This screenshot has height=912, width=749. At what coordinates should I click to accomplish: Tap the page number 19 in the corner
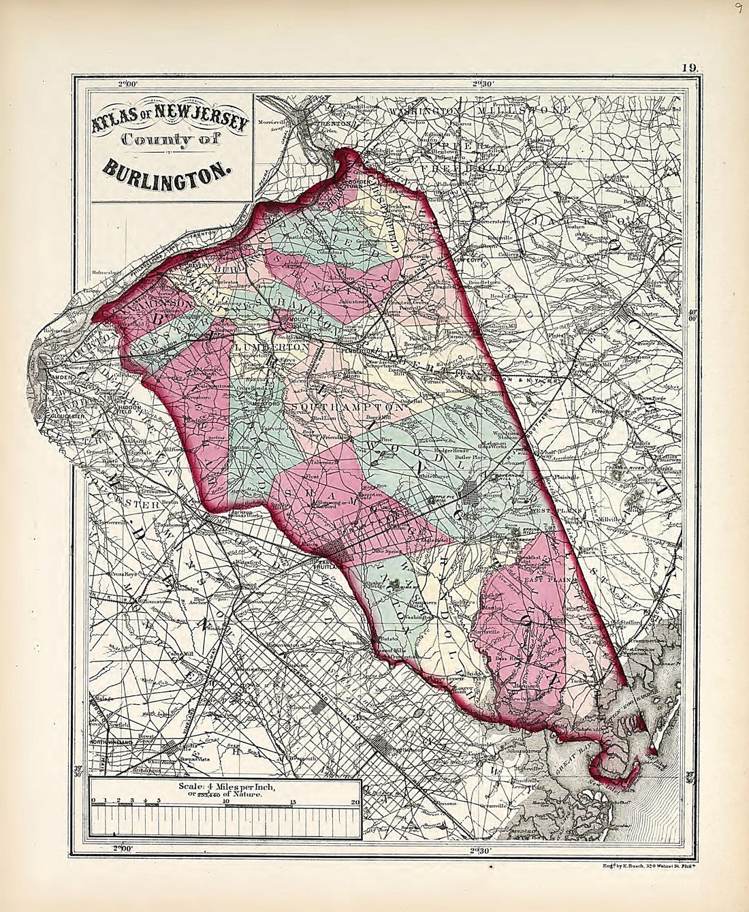click(x=684, y=67)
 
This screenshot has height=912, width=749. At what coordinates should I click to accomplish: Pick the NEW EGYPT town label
click(x=468, y=260)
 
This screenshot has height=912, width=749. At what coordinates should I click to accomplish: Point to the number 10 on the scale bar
click(x=225, y=801)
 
